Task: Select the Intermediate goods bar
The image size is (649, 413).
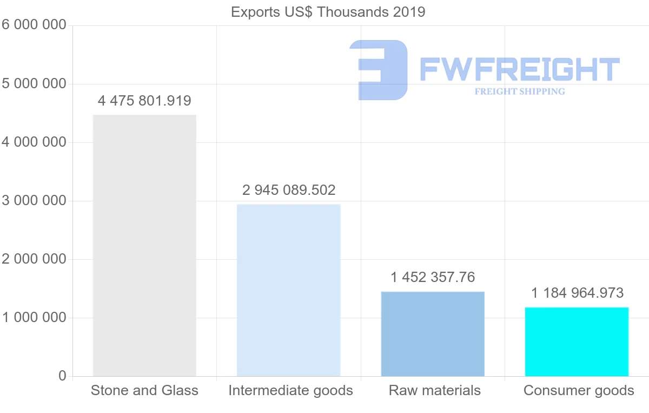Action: tap(289, 290)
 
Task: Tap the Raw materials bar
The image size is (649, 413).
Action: tap(433, 333)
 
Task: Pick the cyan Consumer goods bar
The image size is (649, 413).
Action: tap(577, 342)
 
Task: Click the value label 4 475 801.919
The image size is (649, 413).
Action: tap(144, 101)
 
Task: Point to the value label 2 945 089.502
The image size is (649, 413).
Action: tap(289, 190)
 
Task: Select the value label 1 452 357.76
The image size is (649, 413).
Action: tap(433, 277)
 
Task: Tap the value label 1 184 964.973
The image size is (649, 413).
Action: tap(577, 293)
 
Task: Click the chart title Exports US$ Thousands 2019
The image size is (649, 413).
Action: tap(328, 12)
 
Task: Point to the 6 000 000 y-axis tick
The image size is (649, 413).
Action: tap(34, 25)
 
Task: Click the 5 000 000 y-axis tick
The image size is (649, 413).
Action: tap(34, 84)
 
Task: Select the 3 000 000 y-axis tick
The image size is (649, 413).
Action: tap(34, 201)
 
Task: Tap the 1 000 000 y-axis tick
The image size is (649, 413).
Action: tap(34, 318)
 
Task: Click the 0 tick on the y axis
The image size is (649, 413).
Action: tap(62, 376)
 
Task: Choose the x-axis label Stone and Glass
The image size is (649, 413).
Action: tap(144, 390)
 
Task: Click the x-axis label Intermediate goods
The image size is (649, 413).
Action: tap(290, 390)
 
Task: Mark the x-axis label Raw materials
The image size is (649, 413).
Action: tap(434, 390)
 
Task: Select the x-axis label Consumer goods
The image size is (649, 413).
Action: tap(579, 390)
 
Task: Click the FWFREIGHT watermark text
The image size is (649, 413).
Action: tap(519, 69)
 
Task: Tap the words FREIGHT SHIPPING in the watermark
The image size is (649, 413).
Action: tap(520, 91)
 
